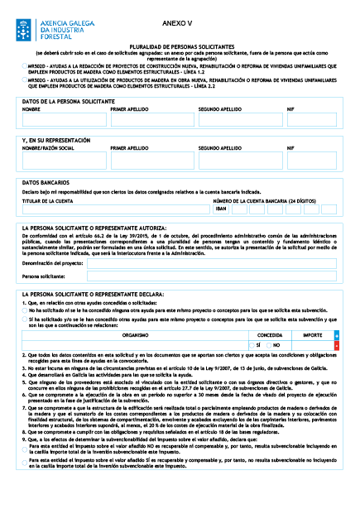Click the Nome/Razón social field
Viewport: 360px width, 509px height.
(x=63, y=160)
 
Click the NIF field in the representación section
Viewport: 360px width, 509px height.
(x=312, y=160)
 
